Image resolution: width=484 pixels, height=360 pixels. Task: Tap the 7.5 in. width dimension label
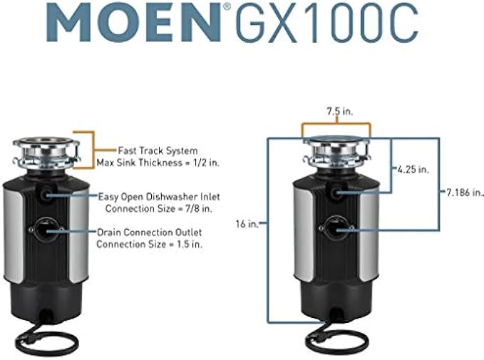(336, 112)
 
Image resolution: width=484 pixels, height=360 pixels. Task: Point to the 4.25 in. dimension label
(413, 169)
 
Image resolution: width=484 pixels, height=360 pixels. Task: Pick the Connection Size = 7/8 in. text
(153, 208)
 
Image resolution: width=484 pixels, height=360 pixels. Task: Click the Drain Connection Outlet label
(150, 232)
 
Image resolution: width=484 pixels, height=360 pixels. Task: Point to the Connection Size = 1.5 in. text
(150, 244)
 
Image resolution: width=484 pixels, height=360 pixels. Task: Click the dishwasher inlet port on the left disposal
(47, 193)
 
